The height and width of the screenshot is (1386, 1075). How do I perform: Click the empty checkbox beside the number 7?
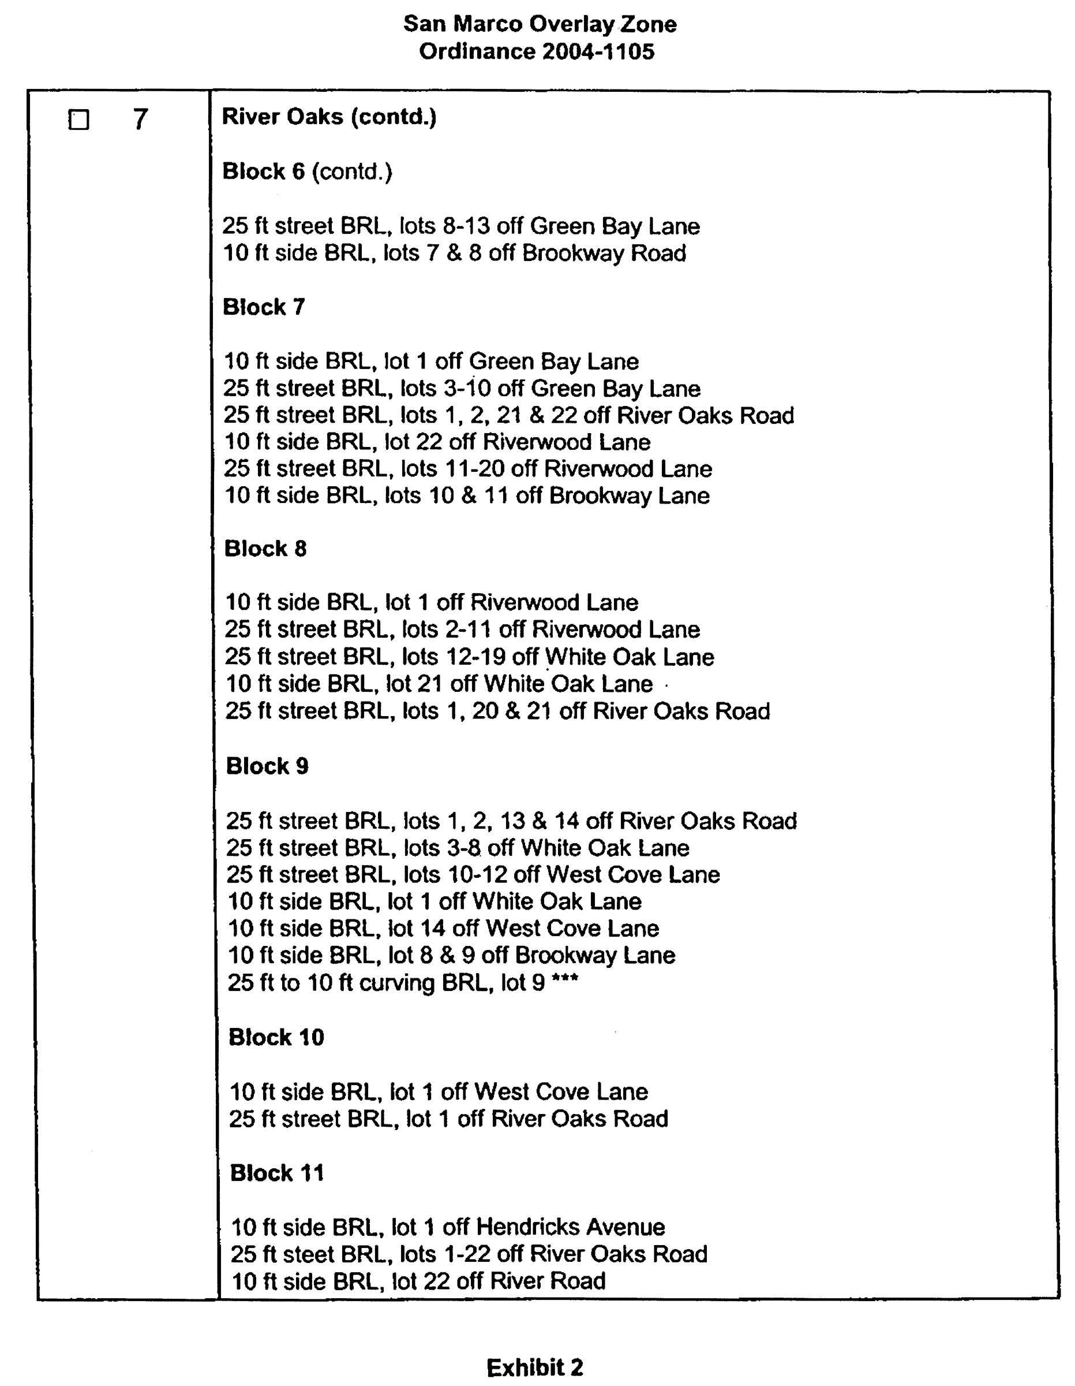pyautogui.click(x=78, y=120)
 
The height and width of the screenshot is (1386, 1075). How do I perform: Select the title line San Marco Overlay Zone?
pyautogui.click(x=540, y=24)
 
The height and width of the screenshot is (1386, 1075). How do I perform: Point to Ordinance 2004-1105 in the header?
pyautogui.click(x=537, y=51)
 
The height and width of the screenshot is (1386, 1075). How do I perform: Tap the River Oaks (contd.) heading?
pyautogui.click(x=329, y=117)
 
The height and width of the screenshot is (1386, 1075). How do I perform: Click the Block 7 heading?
pyautogui.click(x=264, y=307)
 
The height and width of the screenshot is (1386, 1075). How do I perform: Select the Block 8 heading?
pyautogui.click(x=265, y=548)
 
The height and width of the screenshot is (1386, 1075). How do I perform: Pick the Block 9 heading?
pyautogui.click(x=267, y=766)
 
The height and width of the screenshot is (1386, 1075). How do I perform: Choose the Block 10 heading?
pyautogui.click(x=276, y=1037)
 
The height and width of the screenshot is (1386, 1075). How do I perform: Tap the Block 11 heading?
pyautogui.click(x=276, y=1173)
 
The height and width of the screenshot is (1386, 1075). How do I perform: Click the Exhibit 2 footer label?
pyautogui.click(x=535, y=1367)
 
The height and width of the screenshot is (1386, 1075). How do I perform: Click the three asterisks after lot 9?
pyautogui.click(x=564, y=981)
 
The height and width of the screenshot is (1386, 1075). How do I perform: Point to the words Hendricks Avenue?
pyautogui.click(x=570, y=1227)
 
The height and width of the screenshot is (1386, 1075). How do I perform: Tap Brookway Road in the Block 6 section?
pyautogui.click(x=604, y=253)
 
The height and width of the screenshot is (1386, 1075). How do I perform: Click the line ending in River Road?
pyautogui.click(x=418, y=1281)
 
